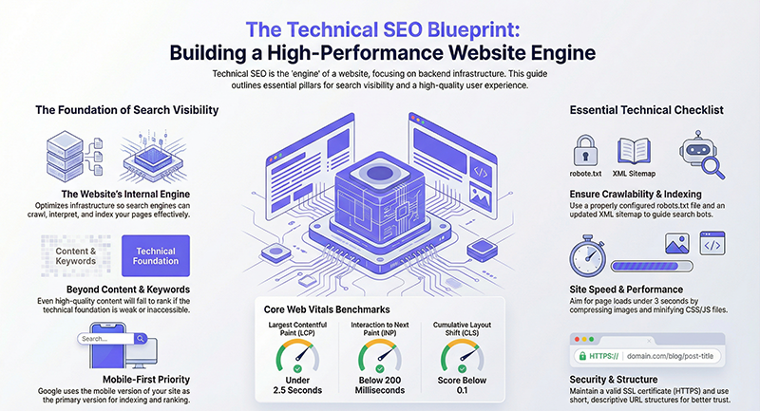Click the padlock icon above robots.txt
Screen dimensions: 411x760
point(586,150)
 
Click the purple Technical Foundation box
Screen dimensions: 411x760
point(156,256)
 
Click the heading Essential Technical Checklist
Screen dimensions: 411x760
point(646,110)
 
